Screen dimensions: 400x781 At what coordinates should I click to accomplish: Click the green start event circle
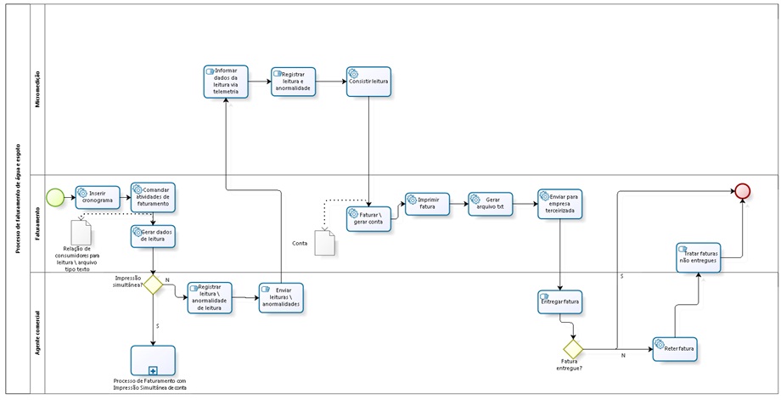55,197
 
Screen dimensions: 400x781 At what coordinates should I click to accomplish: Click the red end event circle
744,191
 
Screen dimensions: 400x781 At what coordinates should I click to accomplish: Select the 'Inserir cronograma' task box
98,197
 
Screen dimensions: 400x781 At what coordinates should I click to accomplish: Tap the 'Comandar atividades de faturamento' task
153,197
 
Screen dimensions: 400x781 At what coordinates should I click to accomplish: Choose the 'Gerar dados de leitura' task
153,236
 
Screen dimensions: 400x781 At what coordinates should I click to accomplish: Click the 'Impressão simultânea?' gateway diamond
153,285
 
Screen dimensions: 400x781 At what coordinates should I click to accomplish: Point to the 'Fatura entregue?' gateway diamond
573,348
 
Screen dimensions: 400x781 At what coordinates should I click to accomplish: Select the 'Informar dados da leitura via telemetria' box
226,82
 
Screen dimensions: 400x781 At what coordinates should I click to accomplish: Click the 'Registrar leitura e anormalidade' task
293,82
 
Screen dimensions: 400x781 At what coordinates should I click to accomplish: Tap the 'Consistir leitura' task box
368,82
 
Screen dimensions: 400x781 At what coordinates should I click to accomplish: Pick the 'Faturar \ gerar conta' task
368,218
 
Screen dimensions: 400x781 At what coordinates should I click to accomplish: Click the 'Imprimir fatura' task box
427,204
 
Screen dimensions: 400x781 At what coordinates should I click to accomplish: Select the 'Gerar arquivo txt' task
491,204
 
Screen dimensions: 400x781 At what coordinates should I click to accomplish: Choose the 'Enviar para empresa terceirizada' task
560,204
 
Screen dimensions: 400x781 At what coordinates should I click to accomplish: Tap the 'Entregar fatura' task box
560,301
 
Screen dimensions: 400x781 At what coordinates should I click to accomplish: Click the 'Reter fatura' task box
675,348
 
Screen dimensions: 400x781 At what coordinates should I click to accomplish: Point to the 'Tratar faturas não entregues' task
699,256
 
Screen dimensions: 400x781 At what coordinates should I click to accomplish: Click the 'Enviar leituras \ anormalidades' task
281,297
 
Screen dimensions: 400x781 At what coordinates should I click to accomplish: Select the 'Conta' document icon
325,244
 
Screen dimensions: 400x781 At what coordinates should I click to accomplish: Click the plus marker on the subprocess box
154,371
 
